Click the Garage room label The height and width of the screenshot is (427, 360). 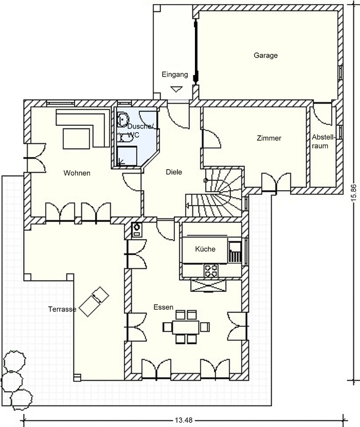point(266,55)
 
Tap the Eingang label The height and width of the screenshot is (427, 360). point(175,75)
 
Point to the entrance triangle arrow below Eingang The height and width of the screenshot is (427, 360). point(176,89)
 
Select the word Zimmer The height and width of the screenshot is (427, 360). point(269,138)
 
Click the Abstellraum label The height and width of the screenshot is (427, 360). point(322,141)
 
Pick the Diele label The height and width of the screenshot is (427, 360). point(174,172)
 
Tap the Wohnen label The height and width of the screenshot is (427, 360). point(77,173)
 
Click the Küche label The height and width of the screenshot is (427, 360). point(205,249)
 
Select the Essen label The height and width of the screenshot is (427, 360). point(163,307)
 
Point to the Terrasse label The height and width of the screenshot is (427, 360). point(62,309)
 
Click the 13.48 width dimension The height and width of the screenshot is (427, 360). point(184,420)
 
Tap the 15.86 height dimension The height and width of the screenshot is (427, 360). point(353,193)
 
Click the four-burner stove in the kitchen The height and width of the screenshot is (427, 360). point(211,270)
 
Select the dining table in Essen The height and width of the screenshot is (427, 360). point(186,327)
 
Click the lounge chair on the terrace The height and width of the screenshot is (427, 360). point(94,302)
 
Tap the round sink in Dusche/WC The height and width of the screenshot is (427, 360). point(122,119)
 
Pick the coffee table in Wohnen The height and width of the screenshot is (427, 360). point(76,139)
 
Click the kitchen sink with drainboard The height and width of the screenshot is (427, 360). point(235,252)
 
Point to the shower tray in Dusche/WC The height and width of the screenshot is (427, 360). point(127,156)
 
